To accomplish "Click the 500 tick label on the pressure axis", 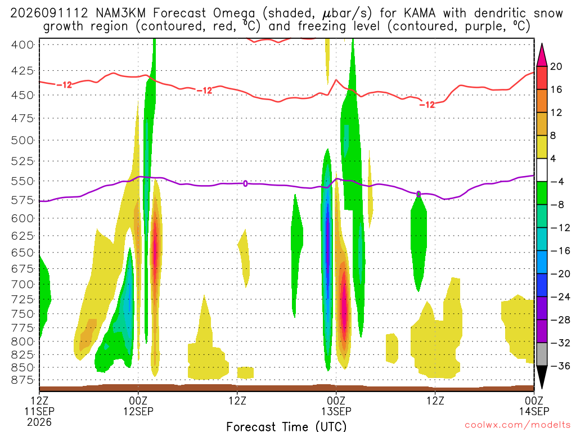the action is click(x=22, y=141).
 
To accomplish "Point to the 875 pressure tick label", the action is click(x=22, y=380).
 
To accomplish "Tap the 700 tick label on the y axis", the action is click(x=22, y=284).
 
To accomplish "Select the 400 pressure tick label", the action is click(x=22, y=45).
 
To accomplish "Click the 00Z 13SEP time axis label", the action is click(x=336, y=406).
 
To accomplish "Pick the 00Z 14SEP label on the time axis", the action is click(x=534, y=406).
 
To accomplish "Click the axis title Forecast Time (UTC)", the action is click(x=286, y=426).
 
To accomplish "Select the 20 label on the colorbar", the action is click(x=556, y=66).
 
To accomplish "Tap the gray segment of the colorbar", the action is click(x=542, y=354).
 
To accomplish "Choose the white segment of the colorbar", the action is click(x=542, y=170).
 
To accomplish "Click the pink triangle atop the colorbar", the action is click(x=542, y=55).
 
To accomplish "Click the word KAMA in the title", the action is click(x=419, y=13).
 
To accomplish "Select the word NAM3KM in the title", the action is click(x=120, y=13).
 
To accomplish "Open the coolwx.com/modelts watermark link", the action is click(x=517, y=425).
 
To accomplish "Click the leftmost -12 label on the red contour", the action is click(x=64, y=85).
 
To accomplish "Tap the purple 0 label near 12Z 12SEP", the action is click(x=245, y=183).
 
